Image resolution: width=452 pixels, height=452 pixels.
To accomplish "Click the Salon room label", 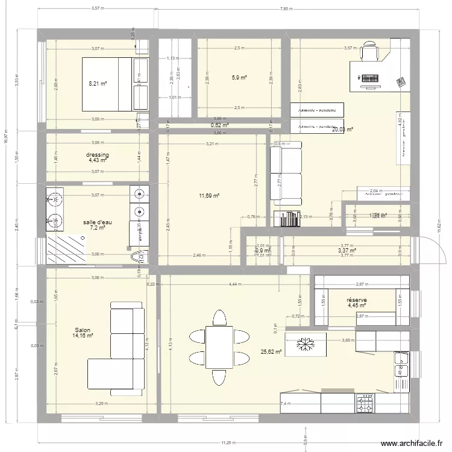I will click(83, 330).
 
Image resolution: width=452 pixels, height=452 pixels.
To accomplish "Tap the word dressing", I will click(98, 155).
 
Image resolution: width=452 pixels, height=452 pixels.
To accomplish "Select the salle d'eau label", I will click(97, 222).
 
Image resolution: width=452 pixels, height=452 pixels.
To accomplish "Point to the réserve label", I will click(357, 300).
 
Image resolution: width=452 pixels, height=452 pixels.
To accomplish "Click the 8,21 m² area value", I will click(98, 84).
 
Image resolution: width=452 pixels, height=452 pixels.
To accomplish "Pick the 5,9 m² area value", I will click(239, 77).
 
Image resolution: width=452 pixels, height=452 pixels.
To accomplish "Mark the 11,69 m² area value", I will click(210, 195).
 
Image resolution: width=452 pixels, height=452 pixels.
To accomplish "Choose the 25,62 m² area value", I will click(271, 352).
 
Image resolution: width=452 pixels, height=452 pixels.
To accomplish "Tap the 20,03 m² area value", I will click(341, 129).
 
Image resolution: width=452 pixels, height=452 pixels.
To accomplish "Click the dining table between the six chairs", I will click(218, 347).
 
